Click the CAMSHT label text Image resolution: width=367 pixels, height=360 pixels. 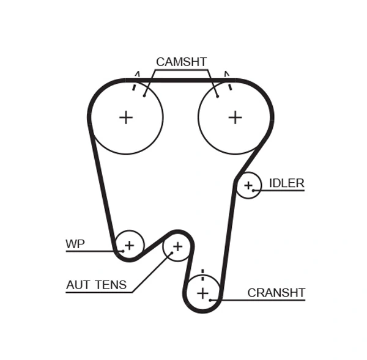181,62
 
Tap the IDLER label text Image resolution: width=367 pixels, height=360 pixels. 286,183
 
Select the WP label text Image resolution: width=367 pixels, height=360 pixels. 75,244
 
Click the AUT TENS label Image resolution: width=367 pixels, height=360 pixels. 97,285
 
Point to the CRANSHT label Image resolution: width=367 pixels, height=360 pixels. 276,293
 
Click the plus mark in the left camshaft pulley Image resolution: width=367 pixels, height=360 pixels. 125,117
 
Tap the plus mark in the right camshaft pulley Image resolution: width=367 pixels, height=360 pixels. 235,117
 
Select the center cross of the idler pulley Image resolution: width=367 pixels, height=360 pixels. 248,185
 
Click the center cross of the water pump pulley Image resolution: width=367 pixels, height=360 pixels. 129,246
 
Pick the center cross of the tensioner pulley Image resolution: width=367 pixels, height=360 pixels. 177,246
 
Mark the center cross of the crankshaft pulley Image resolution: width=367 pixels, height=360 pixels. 202,293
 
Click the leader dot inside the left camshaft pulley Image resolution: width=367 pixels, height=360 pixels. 144,95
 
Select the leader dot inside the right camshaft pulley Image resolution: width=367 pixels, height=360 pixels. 217,96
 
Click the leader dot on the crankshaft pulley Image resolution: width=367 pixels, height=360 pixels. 211,300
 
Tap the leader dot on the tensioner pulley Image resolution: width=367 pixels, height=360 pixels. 171,254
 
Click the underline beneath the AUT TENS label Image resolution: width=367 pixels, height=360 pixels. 98,293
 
